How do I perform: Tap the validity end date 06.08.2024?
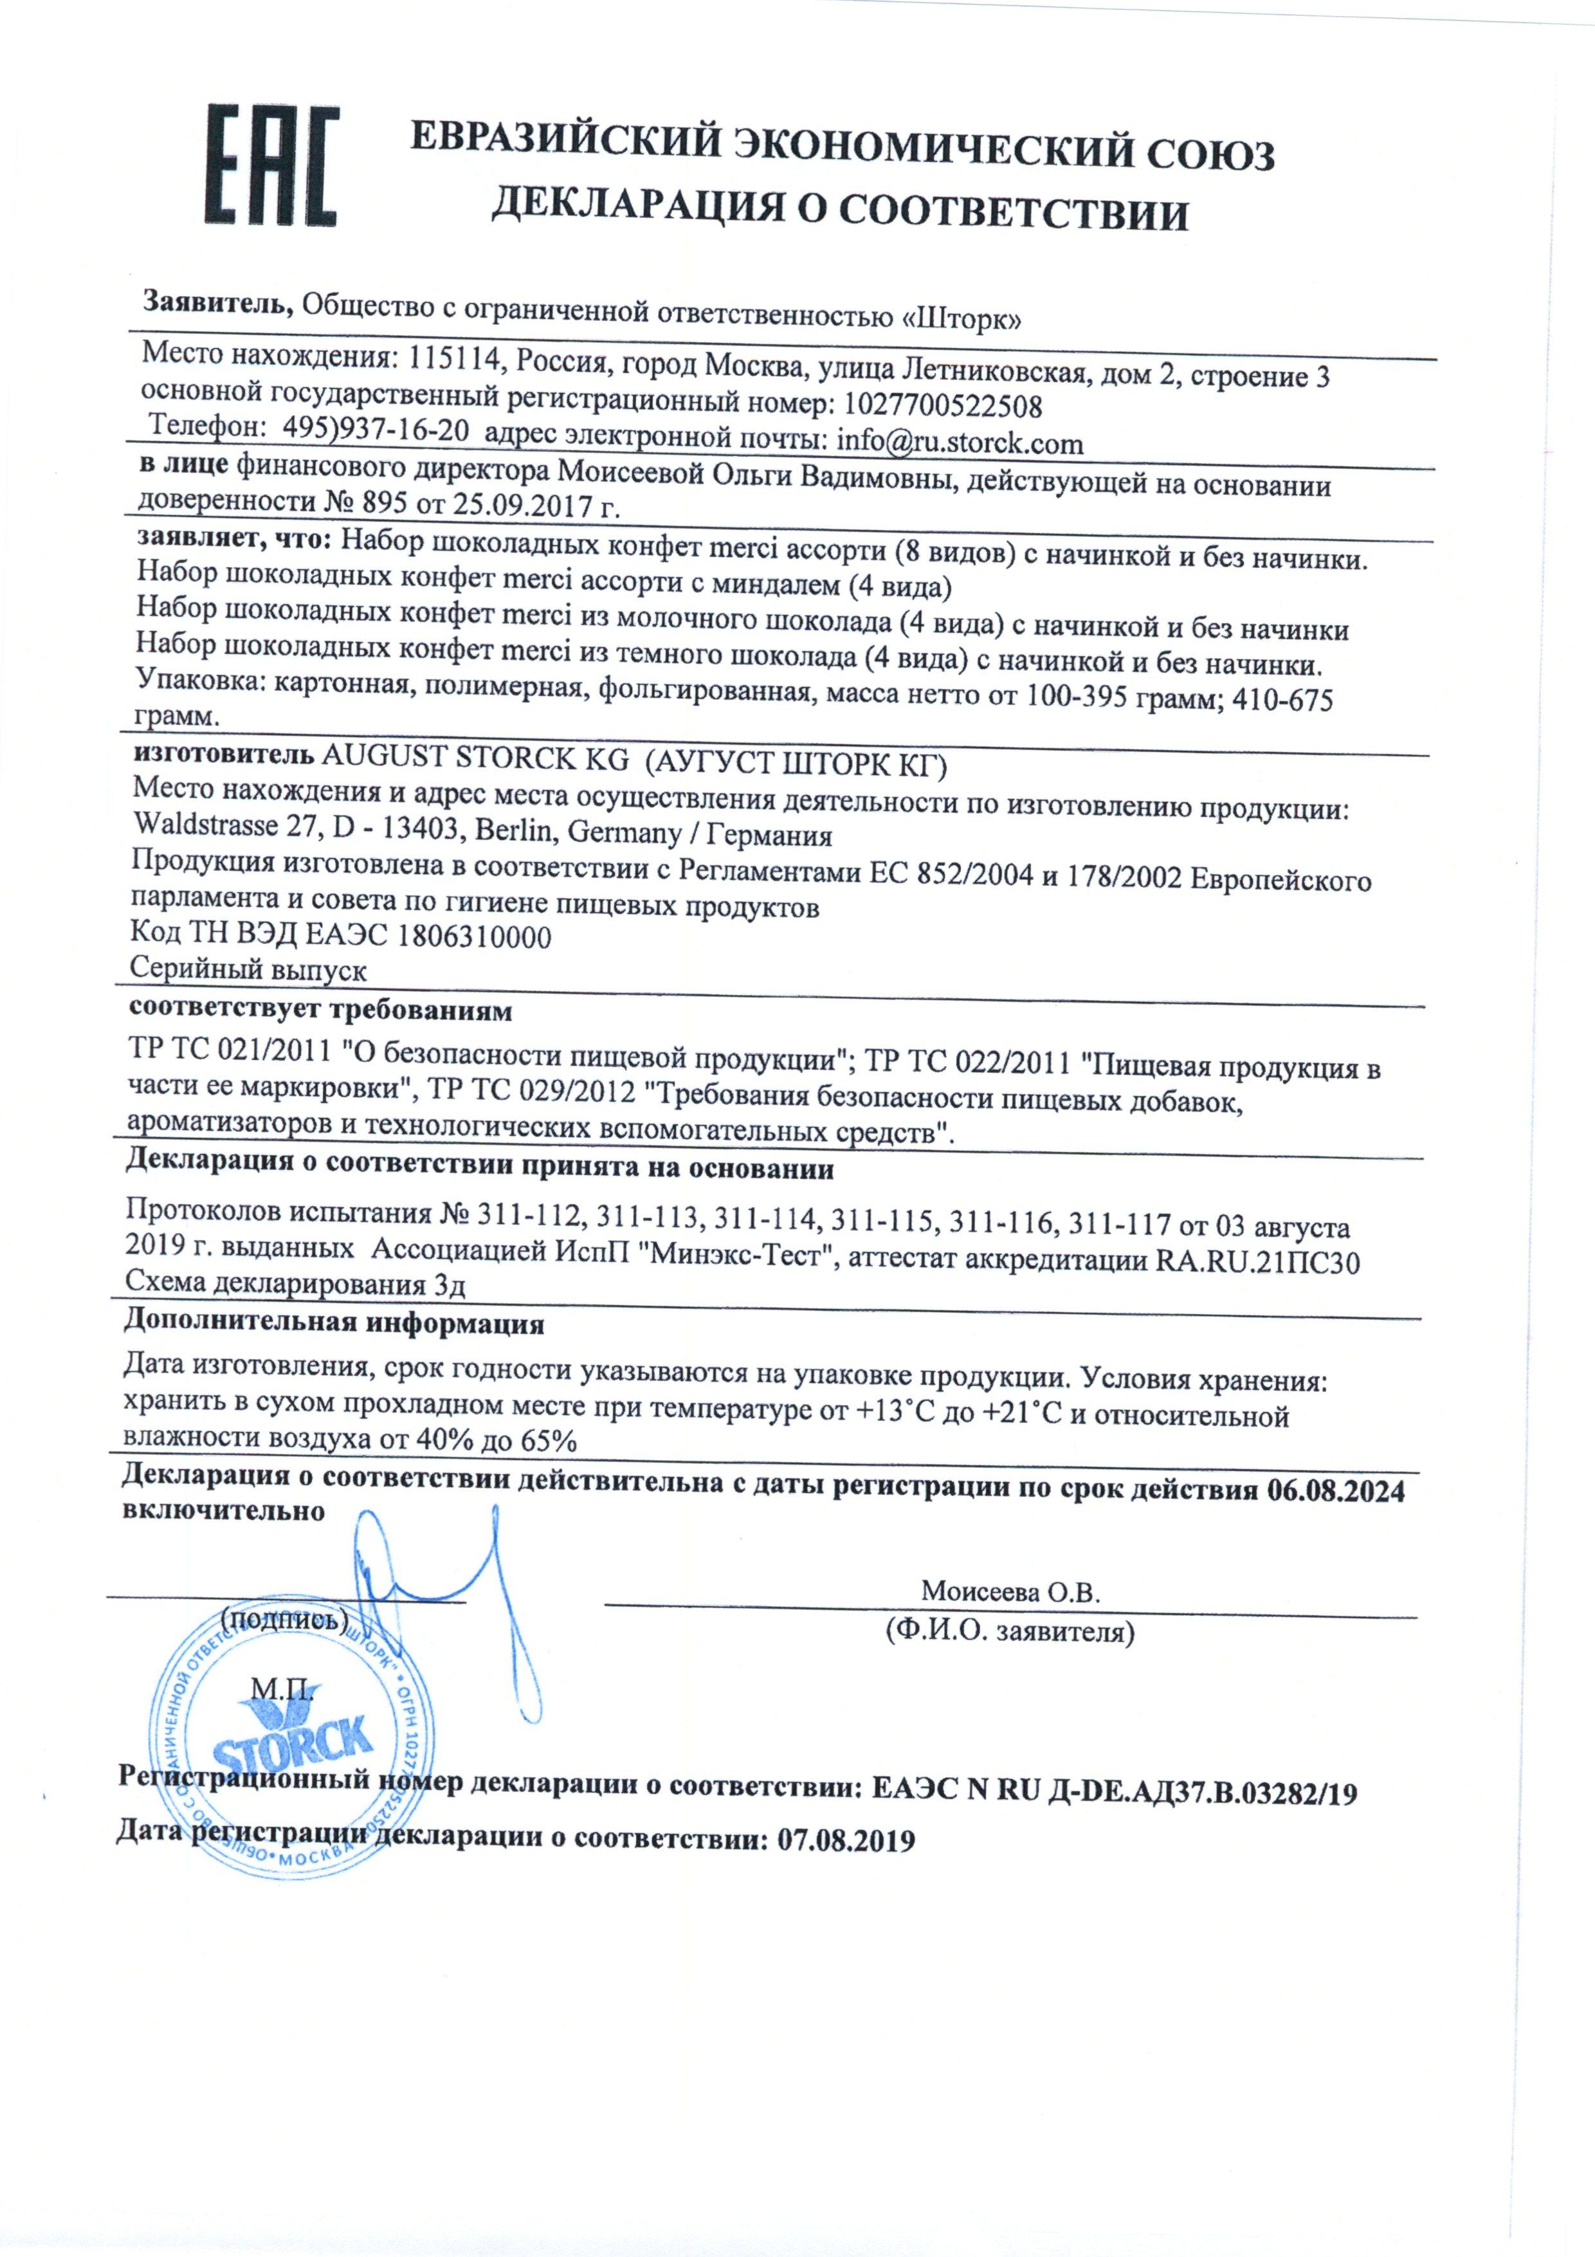(1336, 1491)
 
